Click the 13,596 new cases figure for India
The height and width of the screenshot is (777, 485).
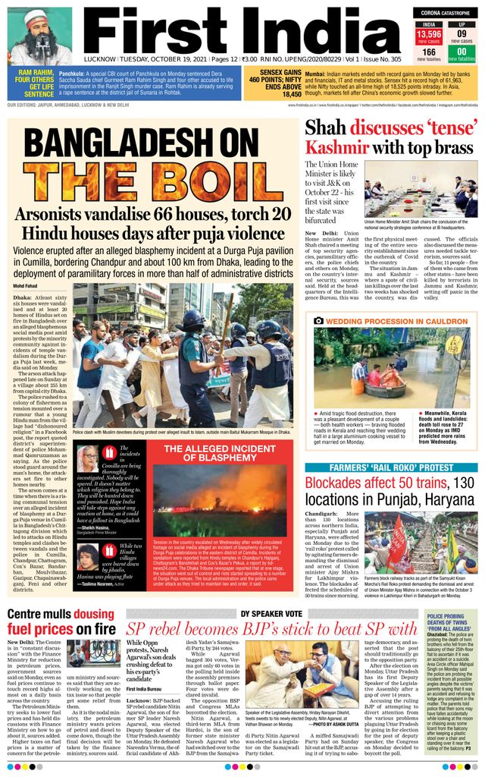point(429,35)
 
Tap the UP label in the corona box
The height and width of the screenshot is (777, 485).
point(461,24)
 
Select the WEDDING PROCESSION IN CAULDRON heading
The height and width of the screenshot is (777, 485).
point(397,321)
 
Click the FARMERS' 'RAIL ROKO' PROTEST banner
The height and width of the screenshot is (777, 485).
point(392,467)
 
